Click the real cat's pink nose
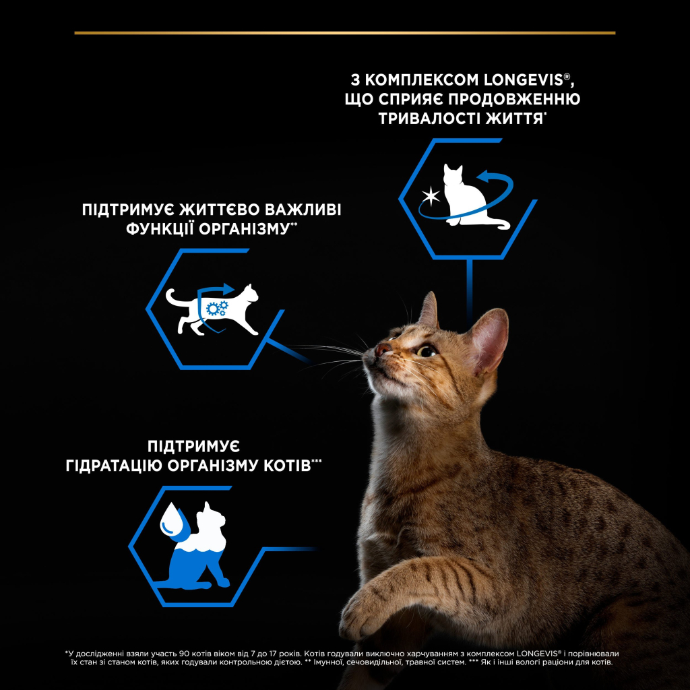(x=382, y=349)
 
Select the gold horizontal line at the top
(x=344, y=32)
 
